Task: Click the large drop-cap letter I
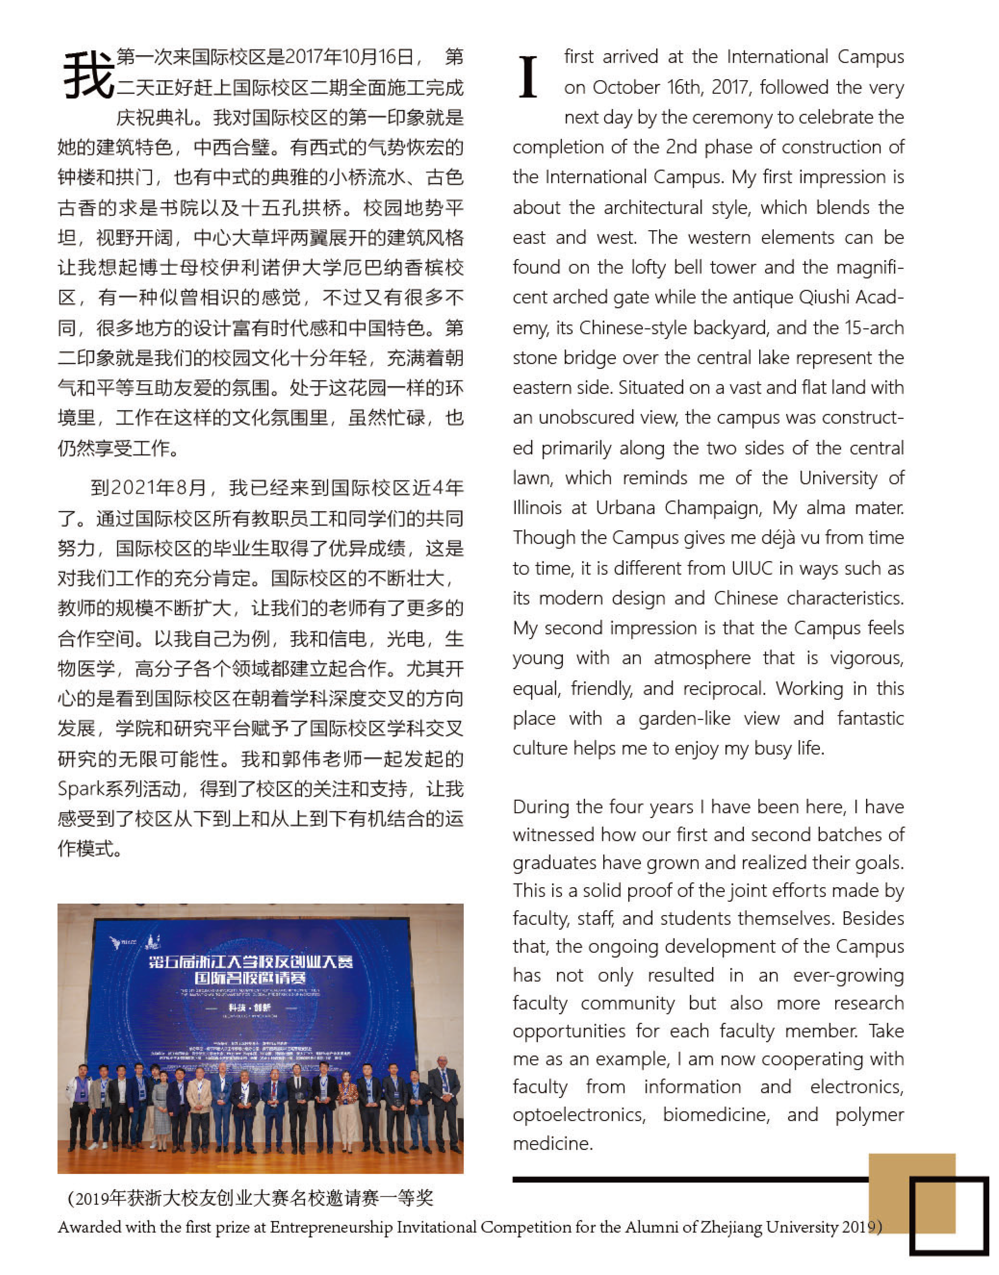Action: click(x=528, y=77)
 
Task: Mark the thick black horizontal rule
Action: click(x=690, y=1179)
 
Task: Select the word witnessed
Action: click(x=553, y=834)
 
